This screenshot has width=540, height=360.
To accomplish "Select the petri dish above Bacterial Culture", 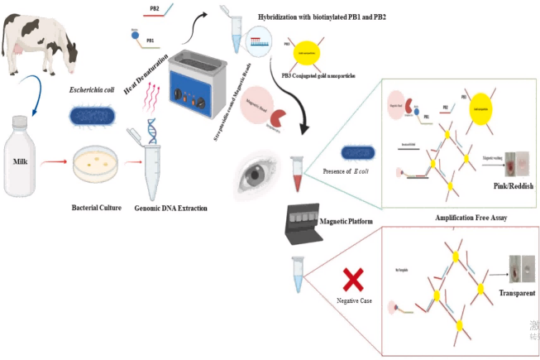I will coord(98,165).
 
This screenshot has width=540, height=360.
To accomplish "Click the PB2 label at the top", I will coord(154,9).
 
